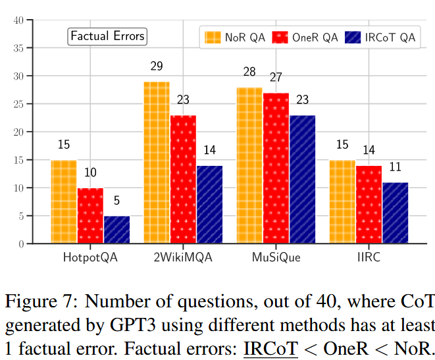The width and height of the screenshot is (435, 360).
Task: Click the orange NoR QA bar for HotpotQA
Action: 64,202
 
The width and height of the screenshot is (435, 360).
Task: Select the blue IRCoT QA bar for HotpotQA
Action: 116,230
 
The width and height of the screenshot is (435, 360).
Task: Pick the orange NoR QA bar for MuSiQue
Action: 249,166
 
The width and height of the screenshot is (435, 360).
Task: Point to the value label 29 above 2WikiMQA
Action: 157,66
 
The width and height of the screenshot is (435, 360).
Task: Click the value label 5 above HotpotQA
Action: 116,200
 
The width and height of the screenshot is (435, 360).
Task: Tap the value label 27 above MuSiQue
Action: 276,77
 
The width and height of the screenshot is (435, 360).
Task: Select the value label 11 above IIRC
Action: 395,167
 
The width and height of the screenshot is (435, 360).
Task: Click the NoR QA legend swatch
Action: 212,38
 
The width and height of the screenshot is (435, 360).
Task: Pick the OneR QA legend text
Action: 316,38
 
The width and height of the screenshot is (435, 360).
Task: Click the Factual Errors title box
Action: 107,36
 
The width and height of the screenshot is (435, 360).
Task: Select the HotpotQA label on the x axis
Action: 90,257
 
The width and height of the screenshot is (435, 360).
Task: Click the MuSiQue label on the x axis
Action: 276,257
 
